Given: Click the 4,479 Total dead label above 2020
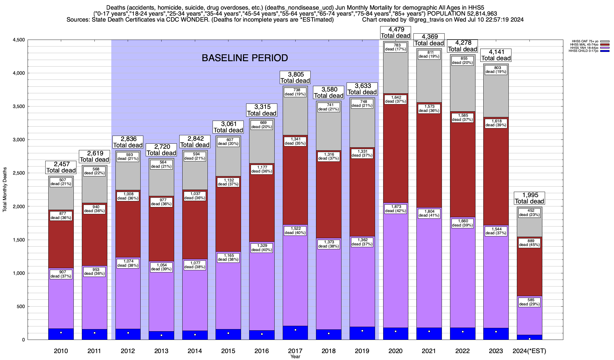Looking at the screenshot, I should [x=396, y=33].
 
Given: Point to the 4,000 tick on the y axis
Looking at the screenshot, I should [x=18, y=73].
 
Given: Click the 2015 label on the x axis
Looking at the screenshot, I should [x=228, y=351].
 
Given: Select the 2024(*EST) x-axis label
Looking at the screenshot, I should [x=529, y=351].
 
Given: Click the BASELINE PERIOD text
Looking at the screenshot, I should [x=245, y=58].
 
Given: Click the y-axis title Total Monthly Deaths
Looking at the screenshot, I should [x=5, y=190].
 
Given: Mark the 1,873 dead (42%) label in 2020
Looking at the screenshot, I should [x=396, y=209].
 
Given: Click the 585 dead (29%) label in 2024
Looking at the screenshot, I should [x=529, y=302].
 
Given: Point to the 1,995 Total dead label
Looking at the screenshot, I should [x=529, y=198].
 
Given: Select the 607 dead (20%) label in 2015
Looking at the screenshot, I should [x=228, y=142].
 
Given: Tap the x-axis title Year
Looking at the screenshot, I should [x=295, y=357].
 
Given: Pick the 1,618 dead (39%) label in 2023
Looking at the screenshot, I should [x=496, y=123].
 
